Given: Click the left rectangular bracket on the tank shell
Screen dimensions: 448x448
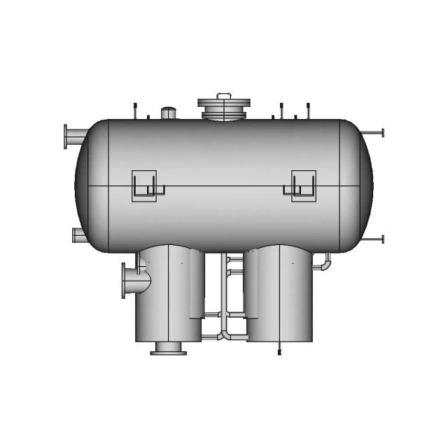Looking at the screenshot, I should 146,185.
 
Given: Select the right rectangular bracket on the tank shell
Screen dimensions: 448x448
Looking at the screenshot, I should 303,185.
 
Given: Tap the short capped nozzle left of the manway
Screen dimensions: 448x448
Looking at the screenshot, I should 169,113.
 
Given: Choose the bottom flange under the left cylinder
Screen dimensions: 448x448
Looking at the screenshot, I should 169,348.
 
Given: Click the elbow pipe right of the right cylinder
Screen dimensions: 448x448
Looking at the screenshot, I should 325,262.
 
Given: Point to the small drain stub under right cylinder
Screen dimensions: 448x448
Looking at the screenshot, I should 279,348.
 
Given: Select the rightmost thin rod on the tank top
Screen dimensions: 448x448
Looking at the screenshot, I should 306,110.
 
